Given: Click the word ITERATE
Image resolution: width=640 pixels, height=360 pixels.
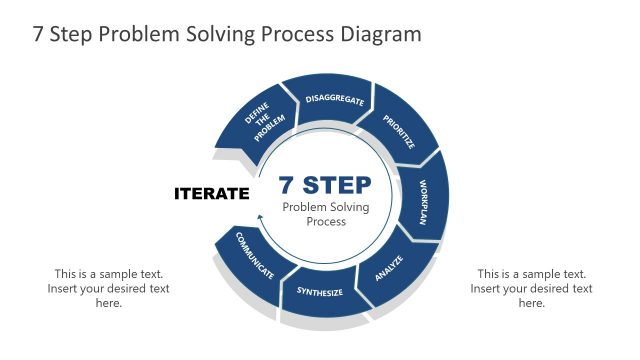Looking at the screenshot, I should pos(211,193).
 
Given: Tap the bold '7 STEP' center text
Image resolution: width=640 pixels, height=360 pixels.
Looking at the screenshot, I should pos(325,185).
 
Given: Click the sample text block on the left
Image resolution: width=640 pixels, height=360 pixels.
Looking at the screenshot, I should pos(109,288).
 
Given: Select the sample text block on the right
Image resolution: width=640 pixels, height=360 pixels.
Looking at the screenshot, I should pos(531,288).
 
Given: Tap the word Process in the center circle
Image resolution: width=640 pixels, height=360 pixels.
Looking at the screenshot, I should pos(325,222).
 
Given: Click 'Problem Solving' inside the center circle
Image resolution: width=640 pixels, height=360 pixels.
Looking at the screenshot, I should pos(325,207).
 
